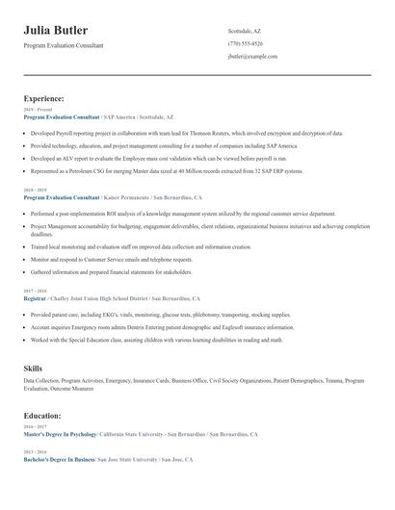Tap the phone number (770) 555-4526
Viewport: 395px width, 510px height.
pos(245,43)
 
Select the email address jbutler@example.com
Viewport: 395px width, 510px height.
pos(252,57)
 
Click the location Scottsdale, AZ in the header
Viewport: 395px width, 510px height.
pos(244,31)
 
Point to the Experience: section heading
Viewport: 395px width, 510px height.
pos(44,98)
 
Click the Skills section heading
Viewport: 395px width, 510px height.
pos(33,368)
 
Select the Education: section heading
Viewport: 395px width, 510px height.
pos(43,416)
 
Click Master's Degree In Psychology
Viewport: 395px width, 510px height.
pos(60,435)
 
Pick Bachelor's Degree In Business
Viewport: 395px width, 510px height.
pos(60,460)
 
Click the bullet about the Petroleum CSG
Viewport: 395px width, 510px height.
pos(166,170)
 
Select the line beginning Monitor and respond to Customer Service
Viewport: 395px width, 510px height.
pos(112,259)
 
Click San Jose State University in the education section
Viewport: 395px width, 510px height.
pos(130,460)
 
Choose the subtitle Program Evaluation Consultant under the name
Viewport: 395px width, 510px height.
pos(64,45)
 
